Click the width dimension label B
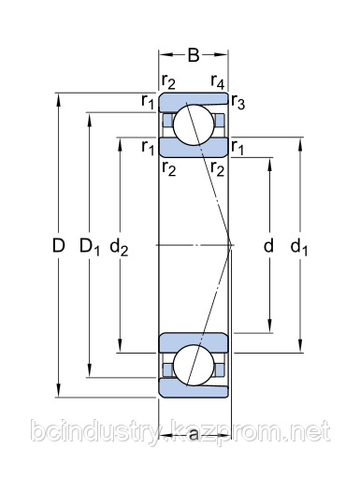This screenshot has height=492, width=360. (x=194, y=55)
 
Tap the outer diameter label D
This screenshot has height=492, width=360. (x=58, y=245)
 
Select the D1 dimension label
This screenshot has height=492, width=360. (x=90, y=247)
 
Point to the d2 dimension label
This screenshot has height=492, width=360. (x=119, y=247)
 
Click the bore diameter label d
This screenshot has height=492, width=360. (x=268, y=245)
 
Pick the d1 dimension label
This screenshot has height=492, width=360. (x=299, y=247)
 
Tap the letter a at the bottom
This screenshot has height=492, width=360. (x=194, y=434)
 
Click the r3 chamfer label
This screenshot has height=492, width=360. (x=238, y=102)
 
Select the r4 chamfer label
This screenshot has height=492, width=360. (x=218, y=82)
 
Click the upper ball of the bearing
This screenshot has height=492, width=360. (x=194, y=124)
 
